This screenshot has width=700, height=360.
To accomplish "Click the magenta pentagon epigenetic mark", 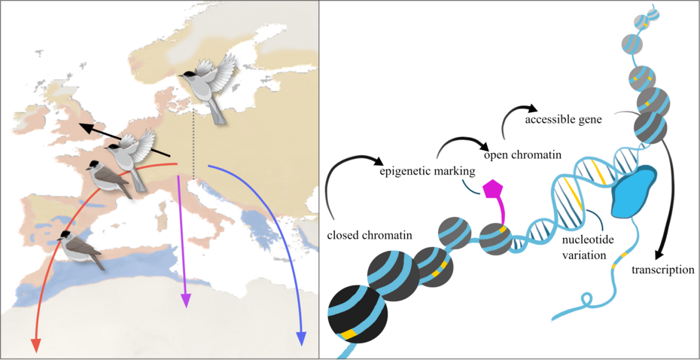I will [493, 190].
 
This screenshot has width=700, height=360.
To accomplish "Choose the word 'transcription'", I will [662, 270].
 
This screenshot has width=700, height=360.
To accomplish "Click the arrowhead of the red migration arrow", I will [35, 344].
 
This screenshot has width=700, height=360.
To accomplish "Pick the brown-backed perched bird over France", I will [108, 178].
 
